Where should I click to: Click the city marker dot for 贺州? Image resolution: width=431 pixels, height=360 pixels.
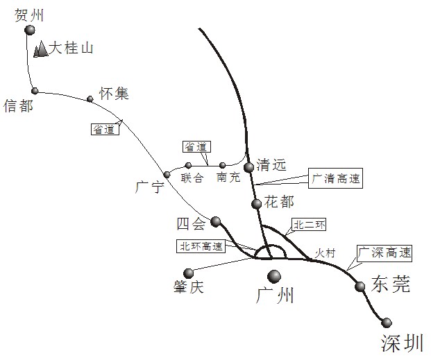[x=29, y=31]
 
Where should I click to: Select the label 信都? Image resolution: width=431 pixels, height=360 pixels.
[x=18, y=105]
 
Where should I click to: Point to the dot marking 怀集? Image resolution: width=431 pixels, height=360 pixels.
[x=90, y=98]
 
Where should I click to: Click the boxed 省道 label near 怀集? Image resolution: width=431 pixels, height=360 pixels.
[x=106, y=128]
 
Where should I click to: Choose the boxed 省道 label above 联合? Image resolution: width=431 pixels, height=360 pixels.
[x=197, y=146]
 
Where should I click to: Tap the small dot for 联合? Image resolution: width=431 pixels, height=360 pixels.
[x=188, y=165]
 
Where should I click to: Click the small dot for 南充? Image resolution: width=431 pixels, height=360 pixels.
[x=222, y=165]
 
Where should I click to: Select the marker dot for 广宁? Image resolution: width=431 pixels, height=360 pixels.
[x=167, y=175]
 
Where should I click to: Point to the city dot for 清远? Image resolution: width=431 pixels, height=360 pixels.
[x=249, y=167]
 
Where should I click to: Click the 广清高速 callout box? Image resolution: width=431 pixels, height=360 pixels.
[x=336, y=178]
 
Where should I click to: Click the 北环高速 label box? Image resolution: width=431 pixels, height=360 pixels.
[x=201, y=246]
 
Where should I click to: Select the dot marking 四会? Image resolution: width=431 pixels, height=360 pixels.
[x=216, y=221]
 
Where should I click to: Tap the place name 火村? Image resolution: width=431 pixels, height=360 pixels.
[x=324, y=253]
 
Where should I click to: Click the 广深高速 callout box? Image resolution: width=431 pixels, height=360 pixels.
[x=384, y=252]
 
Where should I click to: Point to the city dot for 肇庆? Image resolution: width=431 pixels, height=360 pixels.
[x=188, y=273]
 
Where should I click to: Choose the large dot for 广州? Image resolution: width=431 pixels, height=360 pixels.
[x=275, y=275]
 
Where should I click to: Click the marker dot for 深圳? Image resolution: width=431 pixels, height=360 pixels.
[x=387, y=323]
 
